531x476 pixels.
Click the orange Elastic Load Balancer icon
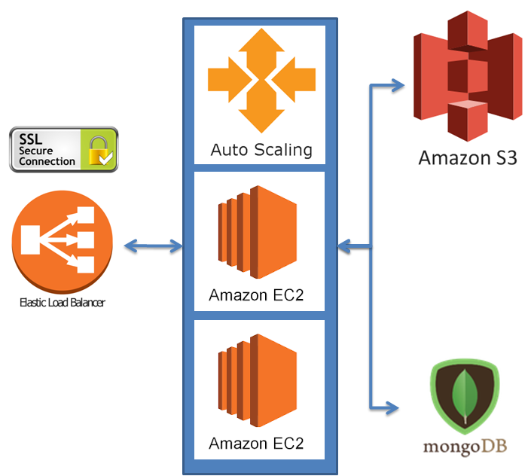[63, 241]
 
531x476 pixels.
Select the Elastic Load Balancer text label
[63, 303]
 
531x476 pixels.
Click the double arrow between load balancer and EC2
[154, 246]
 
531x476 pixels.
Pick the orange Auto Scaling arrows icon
[259, 81]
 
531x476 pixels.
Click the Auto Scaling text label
[261, 149]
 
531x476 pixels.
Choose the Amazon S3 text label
[467, 157]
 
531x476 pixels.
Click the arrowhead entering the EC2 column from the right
[344, 246]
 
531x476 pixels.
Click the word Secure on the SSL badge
[36, 151]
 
